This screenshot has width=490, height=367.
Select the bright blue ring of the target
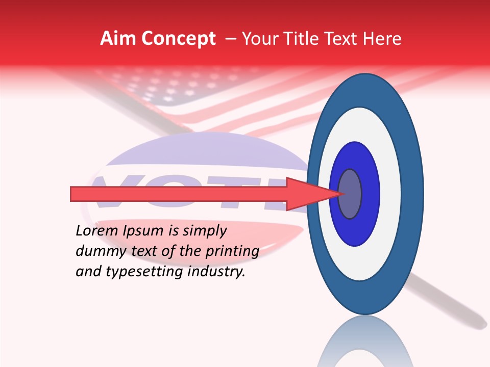tap(370, 194)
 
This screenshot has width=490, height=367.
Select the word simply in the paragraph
tap(204, 231)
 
